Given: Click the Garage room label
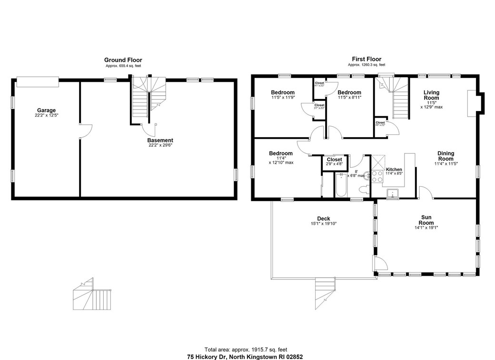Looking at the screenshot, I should tap(47, 110).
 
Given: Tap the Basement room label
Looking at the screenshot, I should tap(160, 140).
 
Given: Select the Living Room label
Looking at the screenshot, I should tap(431, 95).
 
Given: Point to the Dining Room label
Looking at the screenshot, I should tap(445, 156).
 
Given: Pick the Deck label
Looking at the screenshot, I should tap(324, 219).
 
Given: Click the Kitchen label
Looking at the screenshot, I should tap(394, 170).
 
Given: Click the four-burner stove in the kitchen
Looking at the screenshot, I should tap(377, 177).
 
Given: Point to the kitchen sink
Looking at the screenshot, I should tap(393, 193).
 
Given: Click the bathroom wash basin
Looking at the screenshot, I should tap(366, 175).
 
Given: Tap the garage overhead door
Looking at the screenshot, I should tap(38, 81).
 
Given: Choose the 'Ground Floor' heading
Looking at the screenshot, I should tap(123, 60).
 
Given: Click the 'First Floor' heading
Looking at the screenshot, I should tap(366, 59).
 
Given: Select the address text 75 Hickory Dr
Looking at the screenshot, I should tap(245, 356).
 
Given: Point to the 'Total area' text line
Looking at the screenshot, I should tap(246, 350).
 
